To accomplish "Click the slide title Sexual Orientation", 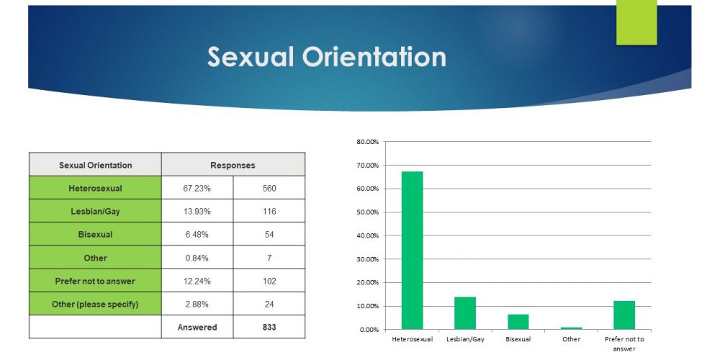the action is [x=326, y=58].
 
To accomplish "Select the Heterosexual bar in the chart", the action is [x=412, y=251].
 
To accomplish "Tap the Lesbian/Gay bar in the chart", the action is [x=465, y=313].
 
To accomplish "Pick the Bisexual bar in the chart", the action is [x=518, y=322].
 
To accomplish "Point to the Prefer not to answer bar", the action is [x=624, y=315].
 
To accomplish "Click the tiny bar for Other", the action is [x=571, y=328].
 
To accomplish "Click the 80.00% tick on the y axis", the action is [x=367, y=142].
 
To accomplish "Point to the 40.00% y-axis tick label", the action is [x=367, y=235].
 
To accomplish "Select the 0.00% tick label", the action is [x=369, y=330].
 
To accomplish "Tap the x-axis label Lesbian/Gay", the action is [x=465, y=339].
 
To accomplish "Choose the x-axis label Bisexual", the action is [x=518, y=339].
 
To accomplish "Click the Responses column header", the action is [x=233, y=165].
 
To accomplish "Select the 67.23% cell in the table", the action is [x=197, y=188].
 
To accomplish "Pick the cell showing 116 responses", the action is [x=269, y=211].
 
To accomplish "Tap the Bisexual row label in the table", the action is [x=95, y=235].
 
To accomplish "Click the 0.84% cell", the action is [x=197, y=258].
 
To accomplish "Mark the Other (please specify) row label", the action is [x=95, y=304].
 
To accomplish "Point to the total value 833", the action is [x=269, y=328].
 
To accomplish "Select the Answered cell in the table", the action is [x=197, y=328].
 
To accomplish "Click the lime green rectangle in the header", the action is [x=636, y=22].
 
